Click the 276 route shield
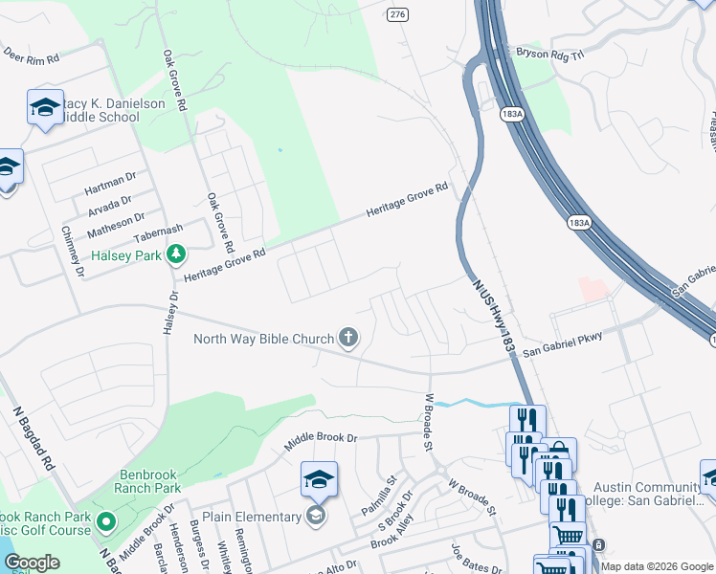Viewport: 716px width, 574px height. click(x=397, y=13)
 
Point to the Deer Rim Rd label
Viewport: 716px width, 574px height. click(x=31, y=58)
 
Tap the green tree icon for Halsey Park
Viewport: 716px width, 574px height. click(x=175, y=254)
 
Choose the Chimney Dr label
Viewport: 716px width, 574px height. click(x=73, y=252)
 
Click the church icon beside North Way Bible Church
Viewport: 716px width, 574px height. click(x=348, y=337)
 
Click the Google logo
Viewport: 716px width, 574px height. click(x=32, y=563)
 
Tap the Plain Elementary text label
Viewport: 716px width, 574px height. click(x=252, y=518)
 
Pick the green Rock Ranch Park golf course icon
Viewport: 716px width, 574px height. click(x=105, y=523)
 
